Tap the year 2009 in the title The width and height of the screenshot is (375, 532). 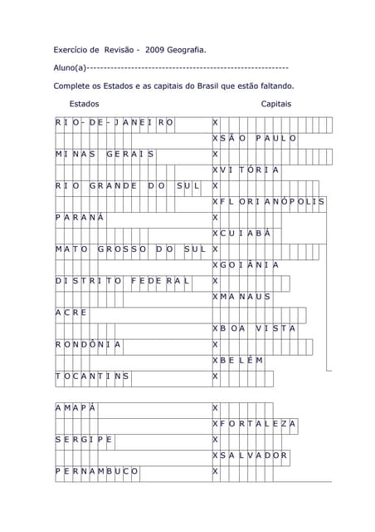(154, 50)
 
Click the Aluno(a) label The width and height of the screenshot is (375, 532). (70, 67)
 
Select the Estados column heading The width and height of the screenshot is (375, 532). (84, 104)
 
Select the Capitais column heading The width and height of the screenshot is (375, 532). (275, 104)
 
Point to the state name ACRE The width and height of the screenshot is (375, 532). (71, 313)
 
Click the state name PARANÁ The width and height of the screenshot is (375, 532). (80, 218)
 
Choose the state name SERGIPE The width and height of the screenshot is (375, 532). (84, 439)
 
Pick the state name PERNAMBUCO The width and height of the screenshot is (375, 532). (97, 471)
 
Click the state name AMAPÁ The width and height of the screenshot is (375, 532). (75, 407)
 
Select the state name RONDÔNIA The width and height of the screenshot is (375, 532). (89, 344)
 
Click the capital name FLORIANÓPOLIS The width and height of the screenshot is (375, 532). (274, 202)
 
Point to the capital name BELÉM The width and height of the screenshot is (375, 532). (243, 360)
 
